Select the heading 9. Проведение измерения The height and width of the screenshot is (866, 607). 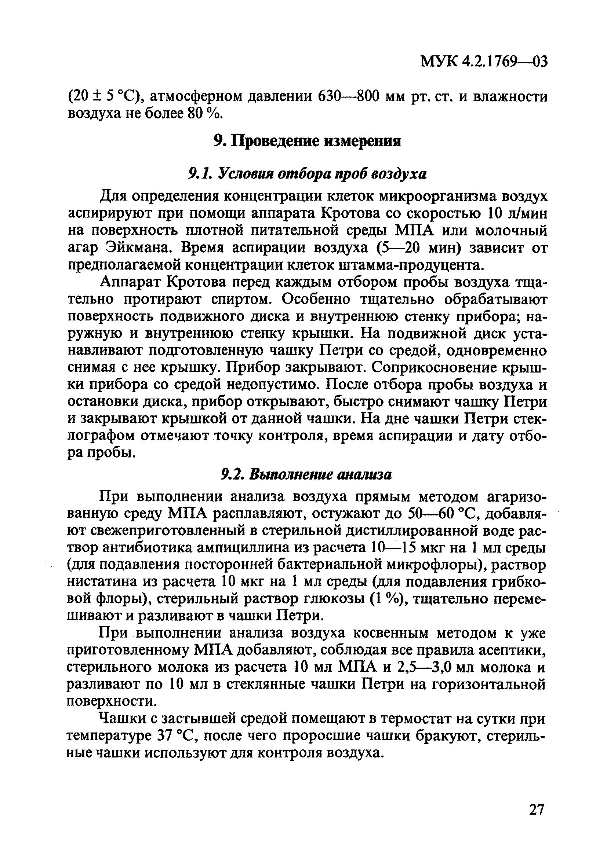click(x=307, y=142)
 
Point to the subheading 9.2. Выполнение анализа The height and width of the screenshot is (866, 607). click(x=306, y=474)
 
